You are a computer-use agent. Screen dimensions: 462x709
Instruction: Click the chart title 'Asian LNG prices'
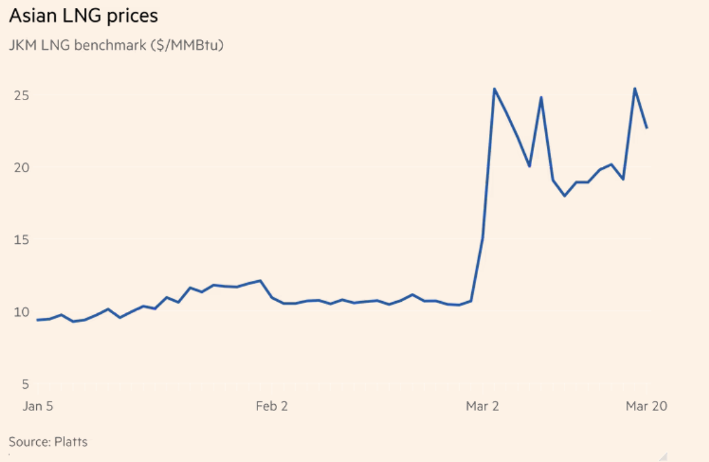pos(84,16)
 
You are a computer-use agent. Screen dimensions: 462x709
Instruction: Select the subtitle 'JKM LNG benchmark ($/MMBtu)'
pos(116,45)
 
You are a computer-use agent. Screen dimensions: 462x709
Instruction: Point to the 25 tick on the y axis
pos(22,96)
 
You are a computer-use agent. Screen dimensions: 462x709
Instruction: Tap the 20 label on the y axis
pos(22,167)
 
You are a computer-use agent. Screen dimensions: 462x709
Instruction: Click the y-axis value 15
pos(22,239)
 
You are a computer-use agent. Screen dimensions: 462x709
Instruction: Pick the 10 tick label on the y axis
pos(22,311)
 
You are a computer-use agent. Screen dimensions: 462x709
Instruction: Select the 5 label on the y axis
pos(25,384)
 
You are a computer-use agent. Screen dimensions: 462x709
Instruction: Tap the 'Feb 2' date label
pos(272,406)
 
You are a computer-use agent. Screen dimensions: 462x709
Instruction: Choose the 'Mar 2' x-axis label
pos(483,406)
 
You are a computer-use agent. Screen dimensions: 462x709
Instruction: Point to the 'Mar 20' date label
pos(646,406)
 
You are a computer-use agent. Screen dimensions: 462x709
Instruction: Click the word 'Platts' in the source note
pos(71,442)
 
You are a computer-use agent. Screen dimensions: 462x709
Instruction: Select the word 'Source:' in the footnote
pos(29,442)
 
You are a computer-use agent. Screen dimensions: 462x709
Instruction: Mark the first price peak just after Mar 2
pos(494,88)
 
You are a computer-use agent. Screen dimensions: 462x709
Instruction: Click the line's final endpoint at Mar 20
pos(647,128)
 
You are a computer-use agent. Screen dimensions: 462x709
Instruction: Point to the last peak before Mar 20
pos(635,88)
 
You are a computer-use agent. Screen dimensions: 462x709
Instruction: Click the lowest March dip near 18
pos(564,196)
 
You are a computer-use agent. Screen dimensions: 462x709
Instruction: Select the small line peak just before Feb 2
pos(260,281)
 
